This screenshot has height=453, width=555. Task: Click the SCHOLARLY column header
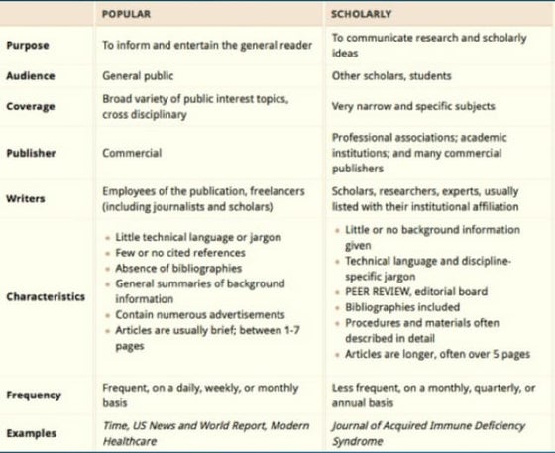361,16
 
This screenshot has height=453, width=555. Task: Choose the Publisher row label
31,154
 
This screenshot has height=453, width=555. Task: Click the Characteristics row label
46,295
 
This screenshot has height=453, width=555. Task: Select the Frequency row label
33,395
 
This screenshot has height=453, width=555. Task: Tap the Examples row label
31,433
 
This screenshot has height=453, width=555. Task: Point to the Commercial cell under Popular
132,154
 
